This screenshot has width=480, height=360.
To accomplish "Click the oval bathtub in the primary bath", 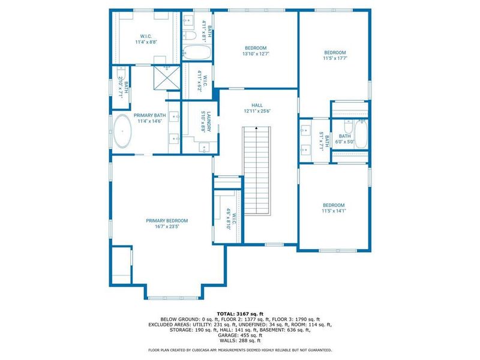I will tap(123, 131).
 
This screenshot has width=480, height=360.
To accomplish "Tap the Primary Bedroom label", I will tap(167, 220).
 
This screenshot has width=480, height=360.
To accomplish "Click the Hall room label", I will tap(257, 105).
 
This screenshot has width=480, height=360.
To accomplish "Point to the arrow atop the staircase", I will tap(257, 128).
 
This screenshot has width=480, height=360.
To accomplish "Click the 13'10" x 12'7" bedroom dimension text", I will tap(256, 54).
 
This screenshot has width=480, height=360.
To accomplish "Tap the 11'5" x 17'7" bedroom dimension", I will tap(335, 58).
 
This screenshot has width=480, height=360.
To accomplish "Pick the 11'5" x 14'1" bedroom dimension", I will tap(334, 211).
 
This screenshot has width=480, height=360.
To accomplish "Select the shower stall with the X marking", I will tap(163, 76).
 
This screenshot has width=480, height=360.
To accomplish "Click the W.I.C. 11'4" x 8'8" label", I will tap(146, 42).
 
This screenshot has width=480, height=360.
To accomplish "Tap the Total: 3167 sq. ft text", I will tap(240, 313).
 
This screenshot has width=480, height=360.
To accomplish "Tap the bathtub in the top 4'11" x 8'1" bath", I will tap(196, 52).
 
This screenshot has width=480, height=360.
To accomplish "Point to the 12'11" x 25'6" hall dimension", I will tap(257, 111).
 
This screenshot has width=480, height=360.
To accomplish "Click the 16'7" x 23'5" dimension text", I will tap(167, 226).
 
